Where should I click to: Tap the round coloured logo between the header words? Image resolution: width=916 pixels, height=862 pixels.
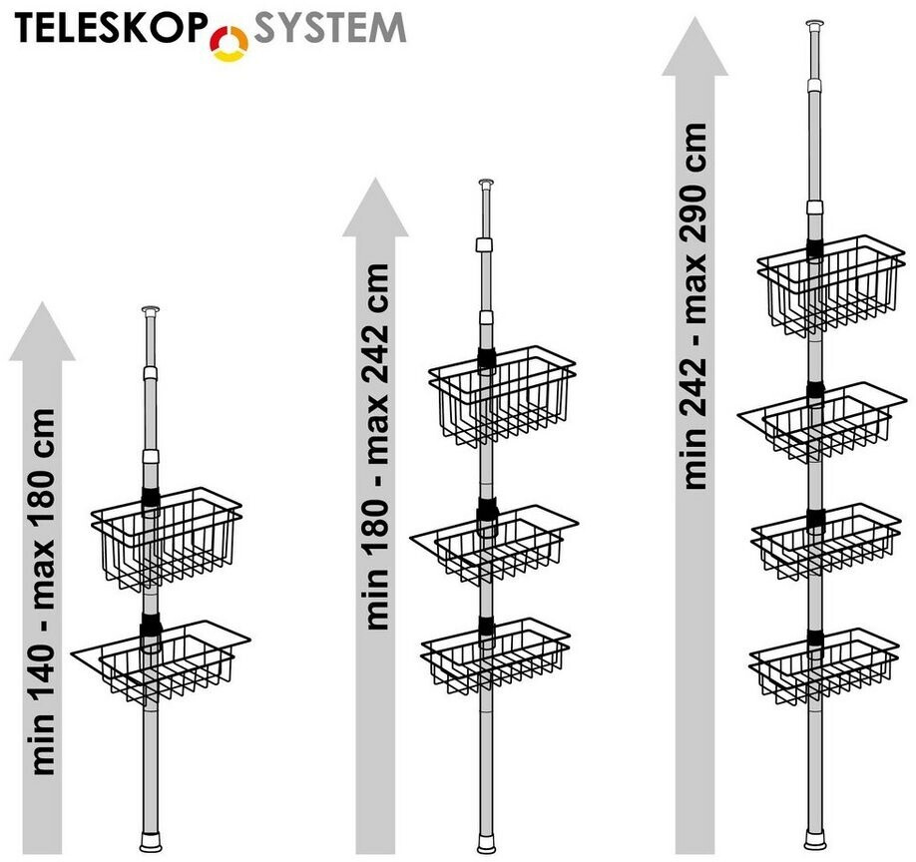230,43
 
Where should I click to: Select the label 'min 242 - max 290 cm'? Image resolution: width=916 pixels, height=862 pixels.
695,305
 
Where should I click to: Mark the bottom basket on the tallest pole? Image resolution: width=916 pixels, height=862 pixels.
824,664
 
